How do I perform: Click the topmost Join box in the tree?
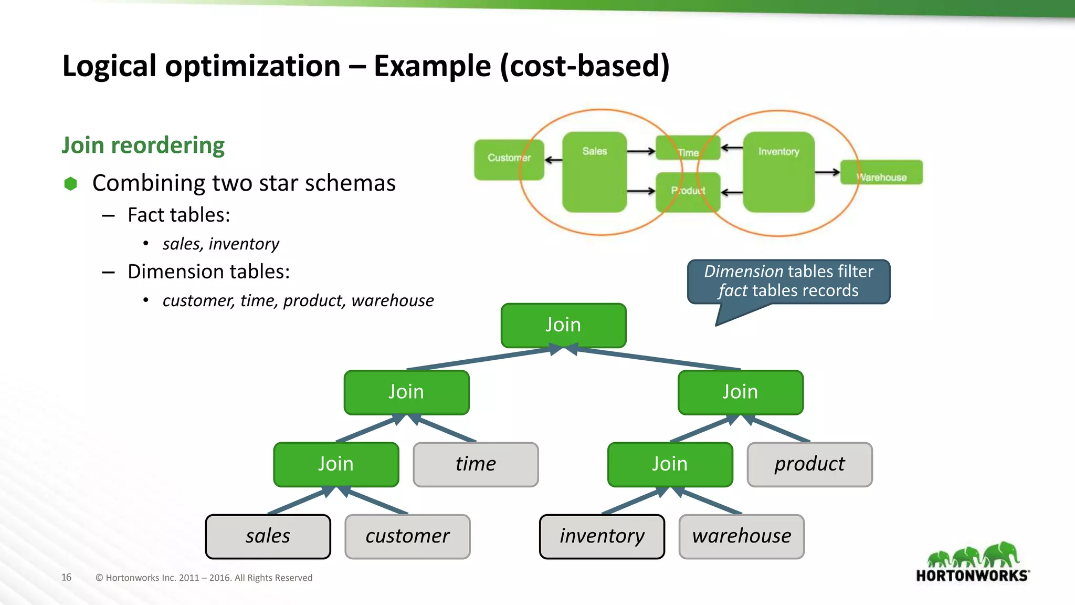563,325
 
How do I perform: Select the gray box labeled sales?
268,536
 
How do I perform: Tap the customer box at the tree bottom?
407,536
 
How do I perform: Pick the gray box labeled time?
476,464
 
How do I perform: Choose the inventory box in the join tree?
602,536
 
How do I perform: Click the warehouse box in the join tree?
741,536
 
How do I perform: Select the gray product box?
809,464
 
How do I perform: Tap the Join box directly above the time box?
406,392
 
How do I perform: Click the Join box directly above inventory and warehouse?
670,464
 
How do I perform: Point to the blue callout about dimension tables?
788,281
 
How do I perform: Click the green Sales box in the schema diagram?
594,172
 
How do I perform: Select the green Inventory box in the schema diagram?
778,172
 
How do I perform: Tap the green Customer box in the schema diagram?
508,159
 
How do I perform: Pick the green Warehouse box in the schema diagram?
881,172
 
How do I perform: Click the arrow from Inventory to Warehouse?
827,172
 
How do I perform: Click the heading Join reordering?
143,145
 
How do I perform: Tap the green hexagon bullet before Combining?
70,183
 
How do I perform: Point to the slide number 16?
66,577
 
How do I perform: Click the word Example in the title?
432,66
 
